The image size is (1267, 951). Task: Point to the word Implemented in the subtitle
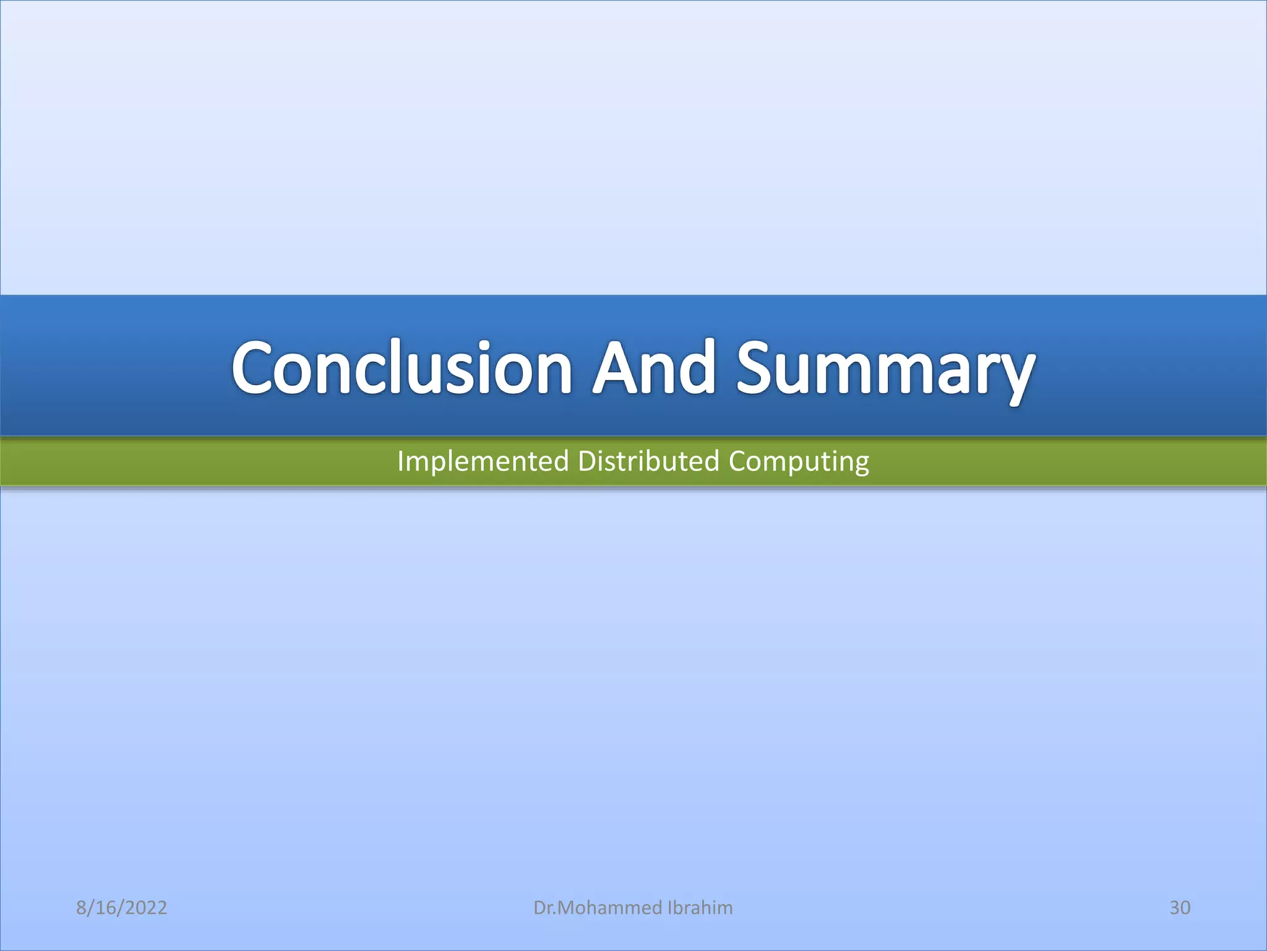click(483, 462)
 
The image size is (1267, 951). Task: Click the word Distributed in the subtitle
click(648, 462)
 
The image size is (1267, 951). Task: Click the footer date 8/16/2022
click(121, 908)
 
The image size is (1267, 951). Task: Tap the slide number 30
click(1180, 908)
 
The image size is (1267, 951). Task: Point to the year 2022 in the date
click(145, 908)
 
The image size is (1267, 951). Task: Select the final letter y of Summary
click(1015, 375)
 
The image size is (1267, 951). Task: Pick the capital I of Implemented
click(400, 462)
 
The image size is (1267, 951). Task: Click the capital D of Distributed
click(586, 462)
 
